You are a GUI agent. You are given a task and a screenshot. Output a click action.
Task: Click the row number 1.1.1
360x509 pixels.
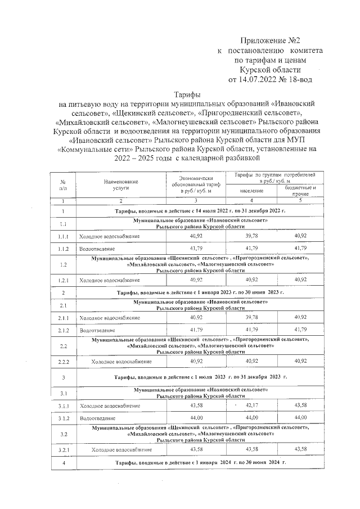pyautogui.click(x=64, y=237)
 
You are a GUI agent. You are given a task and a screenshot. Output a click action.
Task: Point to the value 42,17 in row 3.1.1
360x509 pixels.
pyautogui.click(x=251, y=405)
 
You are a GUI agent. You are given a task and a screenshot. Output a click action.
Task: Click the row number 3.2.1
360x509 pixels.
pyautogui.click(x=64, y=450)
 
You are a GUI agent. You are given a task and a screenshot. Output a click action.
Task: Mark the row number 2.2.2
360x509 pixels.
pyautogui.click(x=64, y=361)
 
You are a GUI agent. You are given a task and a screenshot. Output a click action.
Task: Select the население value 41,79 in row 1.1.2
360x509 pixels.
pyautogui.click(x=251, y=248)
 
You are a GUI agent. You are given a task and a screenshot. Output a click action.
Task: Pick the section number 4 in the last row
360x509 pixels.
pyautogui.click(x=64, y=462)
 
